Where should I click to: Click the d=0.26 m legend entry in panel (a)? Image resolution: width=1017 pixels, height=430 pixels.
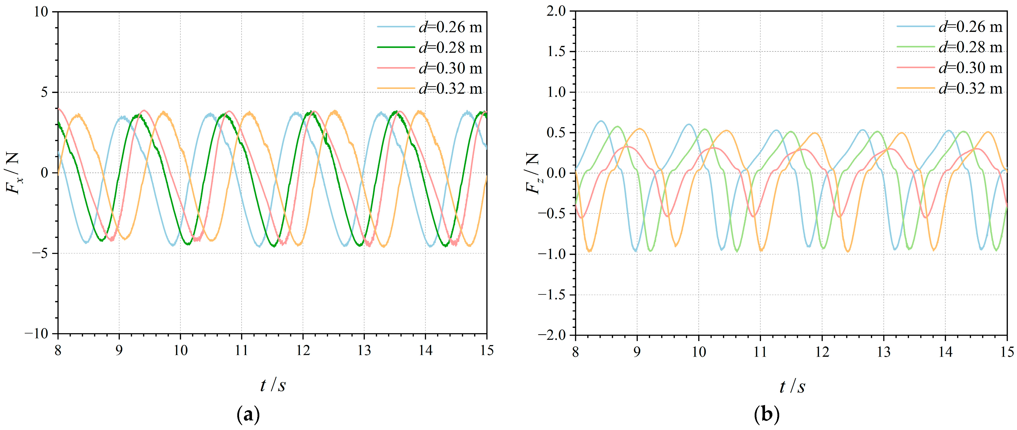click(x=450, y=27)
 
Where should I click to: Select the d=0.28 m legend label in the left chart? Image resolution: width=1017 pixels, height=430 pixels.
click(x=450, y=48)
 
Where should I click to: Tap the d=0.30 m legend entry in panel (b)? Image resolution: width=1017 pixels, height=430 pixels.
click(x=970, y=68)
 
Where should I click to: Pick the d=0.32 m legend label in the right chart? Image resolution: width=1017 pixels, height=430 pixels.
click(x=970, y=88)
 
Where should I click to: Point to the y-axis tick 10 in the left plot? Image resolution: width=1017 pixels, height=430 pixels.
click(x=41, y=12)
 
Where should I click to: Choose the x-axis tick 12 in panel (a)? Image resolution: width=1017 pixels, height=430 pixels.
click(x=303, y=350)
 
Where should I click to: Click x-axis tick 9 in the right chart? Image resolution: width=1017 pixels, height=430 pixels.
click(x=637, y=351)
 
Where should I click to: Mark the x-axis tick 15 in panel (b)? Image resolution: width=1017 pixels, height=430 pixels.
click(x=1006, y=351)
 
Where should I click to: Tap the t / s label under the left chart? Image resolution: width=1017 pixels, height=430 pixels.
click(x=272, y=385)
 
